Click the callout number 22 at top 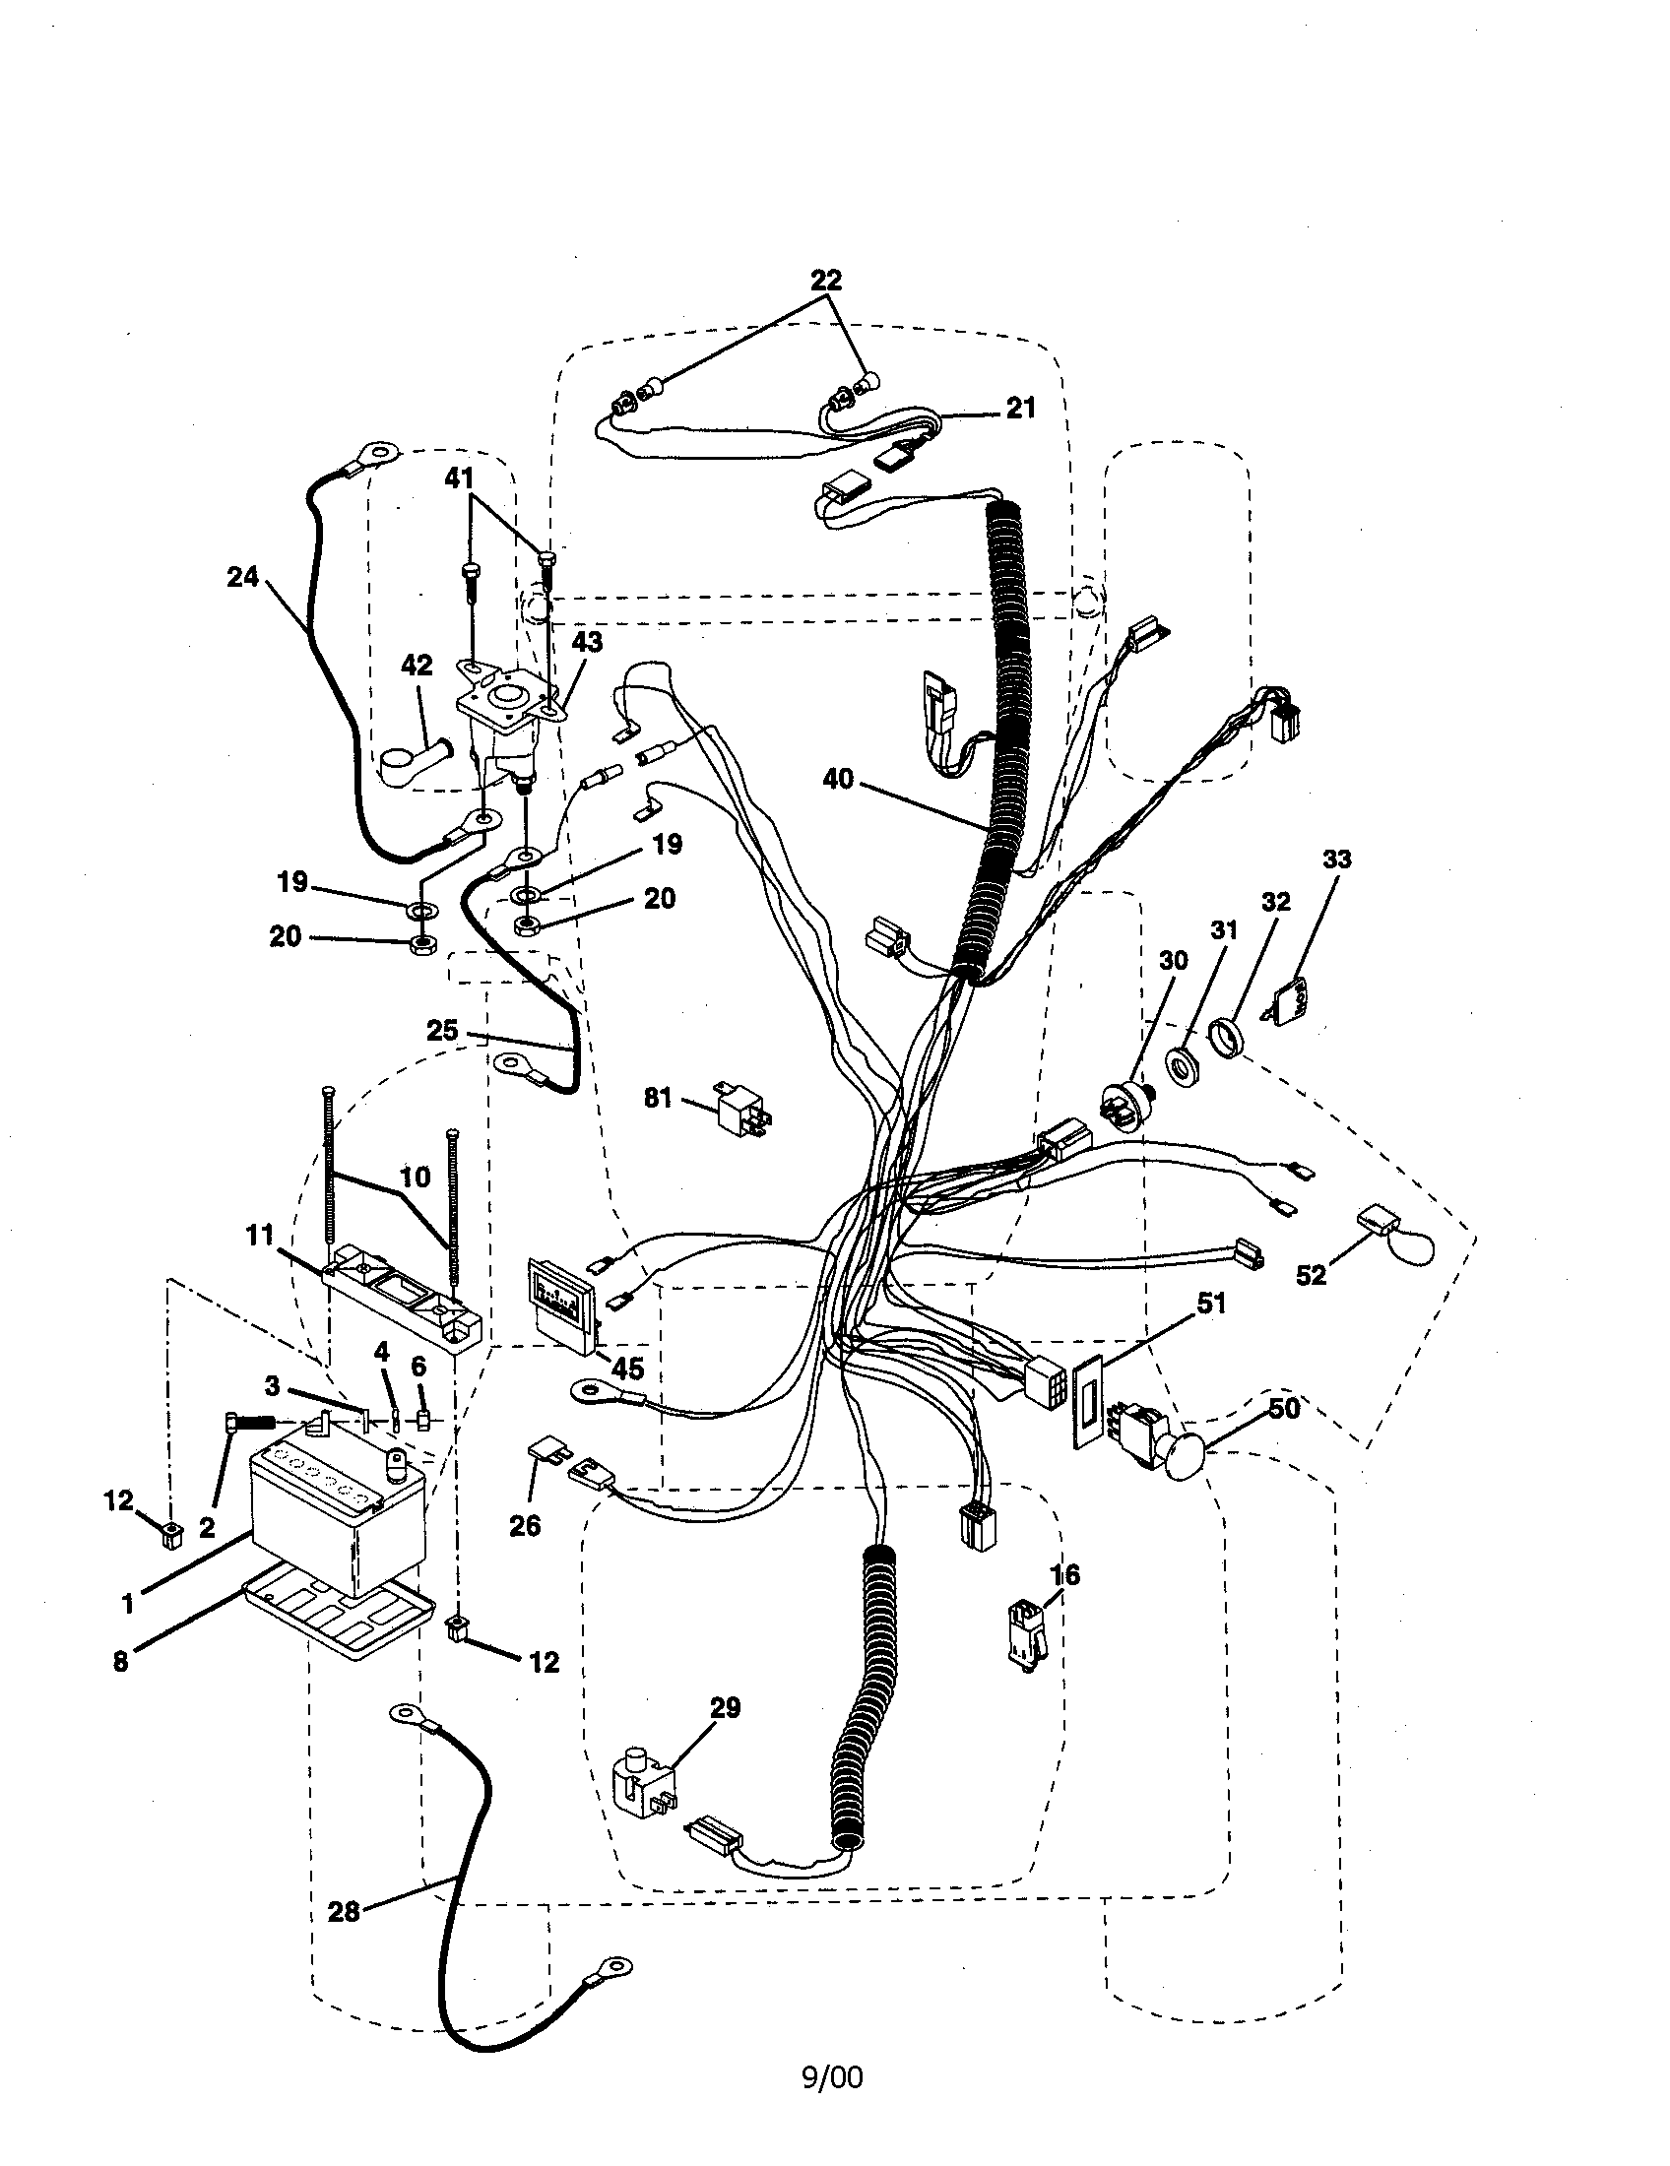pos(825,281)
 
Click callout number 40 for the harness pos(838,780)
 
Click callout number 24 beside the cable pos(242,576)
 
